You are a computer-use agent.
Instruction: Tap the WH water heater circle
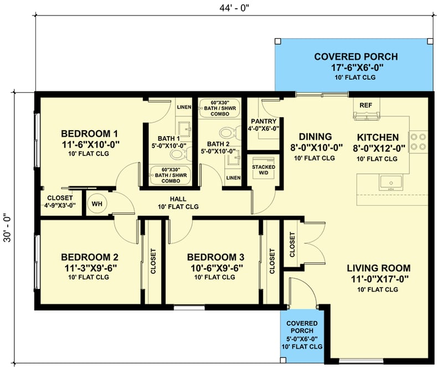(x=97, y=204)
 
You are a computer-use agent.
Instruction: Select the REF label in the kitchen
(x=365, y=105)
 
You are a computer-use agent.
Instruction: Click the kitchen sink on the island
(x=390, y=182)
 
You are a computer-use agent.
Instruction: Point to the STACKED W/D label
(x=264, y=170)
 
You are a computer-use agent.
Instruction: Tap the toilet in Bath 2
(x=226, y=133)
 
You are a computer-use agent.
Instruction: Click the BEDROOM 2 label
(x=90, y=257)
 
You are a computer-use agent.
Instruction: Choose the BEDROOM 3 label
(x=215, y=257)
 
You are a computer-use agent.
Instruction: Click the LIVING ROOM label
(x=379, y=268)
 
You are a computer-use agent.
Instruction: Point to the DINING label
(x=315, y=137)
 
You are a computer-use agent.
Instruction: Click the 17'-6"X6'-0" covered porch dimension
(x=356, y=68)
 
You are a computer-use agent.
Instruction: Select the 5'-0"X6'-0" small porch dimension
(x=302, y=339)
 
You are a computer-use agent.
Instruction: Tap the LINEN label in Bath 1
(x=184, y=107)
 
